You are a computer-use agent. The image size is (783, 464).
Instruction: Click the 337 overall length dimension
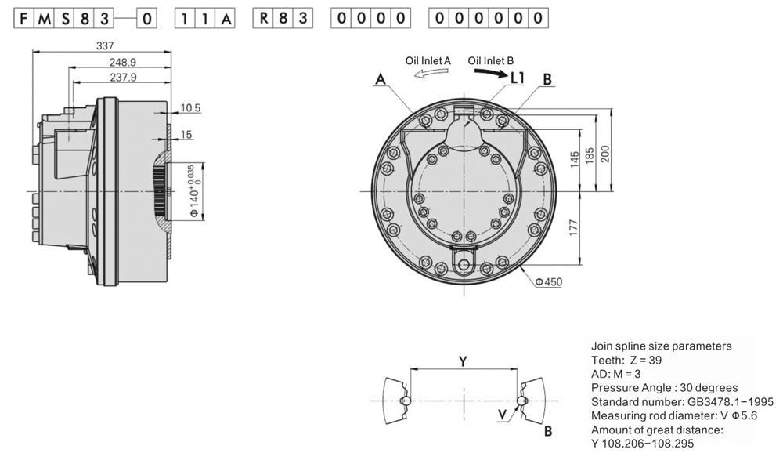click(x=104, y=45)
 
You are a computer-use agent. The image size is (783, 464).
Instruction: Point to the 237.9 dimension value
click(x=123, y=77)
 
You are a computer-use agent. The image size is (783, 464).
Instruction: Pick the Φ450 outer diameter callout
click(x=549, y=281)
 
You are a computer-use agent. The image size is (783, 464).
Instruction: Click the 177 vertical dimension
click(x=573, y=228)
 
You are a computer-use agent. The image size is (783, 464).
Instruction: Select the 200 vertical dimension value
click(x=603, y=154)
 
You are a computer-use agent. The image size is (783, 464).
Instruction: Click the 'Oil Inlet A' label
click(x=428, y=60)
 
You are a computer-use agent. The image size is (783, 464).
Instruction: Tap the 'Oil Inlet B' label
click(x=491, y=60)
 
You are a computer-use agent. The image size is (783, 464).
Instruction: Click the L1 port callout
click(x=518, y=78)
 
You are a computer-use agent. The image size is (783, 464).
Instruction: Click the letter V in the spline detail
click(x=501, y=411)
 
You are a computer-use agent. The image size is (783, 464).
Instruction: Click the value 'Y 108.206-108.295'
click(x=642, y=444)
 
